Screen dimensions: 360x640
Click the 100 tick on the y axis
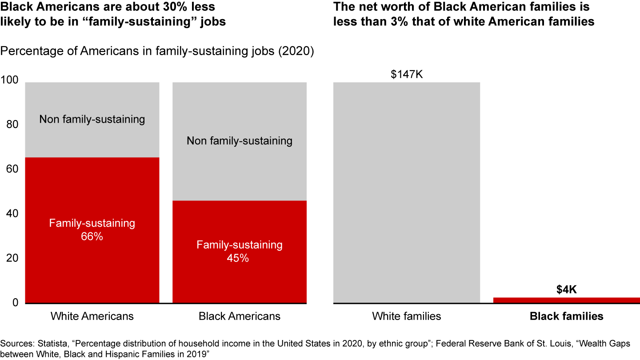[x=9, y=80]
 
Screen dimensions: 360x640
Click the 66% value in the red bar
[x=92, y=237]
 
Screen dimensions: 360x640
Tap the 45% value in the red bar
[x=240, y=258]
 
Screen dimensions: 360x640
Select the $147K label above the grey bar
[x=407, y=74]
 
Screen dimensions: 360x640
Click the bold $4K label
[x=566, y=290]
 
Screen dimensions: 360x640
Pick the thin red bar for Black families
[x=566, y=300]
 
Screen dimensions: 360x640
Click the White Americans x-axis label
[x=92, y=316]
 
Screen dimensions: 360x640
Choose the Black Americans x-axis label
[x=240, y=316]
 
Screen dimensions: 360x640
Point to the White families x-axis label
[x=407, y=316]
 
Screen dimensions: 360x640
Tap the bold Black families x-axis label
[x=566, y=316]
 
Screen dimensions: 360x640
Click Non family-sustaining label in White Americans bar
[x=92, y=119]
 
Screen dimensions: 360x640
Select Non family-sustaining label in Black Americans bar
[x=240, y=141]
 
